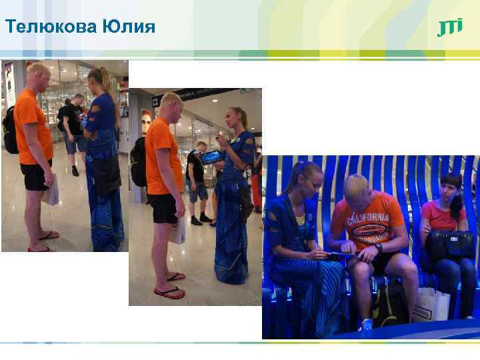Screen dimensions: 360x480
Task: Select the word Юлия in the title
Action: point(129,27)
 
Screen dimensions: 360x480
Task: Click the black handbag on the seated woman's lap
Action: point(449,245)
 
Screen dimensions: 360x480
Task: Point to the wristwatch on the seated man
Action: point(378,248)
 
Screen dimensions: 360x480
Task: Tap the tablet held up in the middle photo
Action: point(211,157)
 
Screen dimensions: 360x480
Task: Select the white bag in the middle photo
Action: point(178,231)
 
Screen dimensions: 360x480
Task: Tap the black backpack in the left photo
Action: point(9,130)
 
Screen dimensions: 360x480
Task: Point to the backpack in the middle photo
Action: point(138,161)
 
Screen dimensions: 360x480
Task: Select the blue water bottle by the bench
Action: point(366,325)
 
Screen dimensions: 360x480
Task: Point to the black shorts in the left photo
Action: point(35,175)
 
